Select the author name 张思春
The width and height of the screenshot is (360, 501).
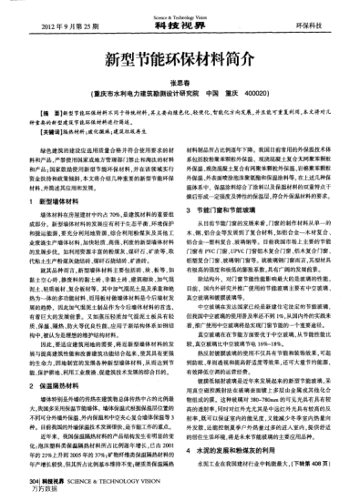pyautogui.click(x=180, y=83)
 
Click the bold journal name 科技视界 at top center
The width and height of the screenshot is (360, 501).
pyautogui.click(x=180, y=17)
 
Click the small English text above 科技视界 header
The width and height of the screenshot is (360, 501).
pyautogui.click(x=180, y=8)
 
